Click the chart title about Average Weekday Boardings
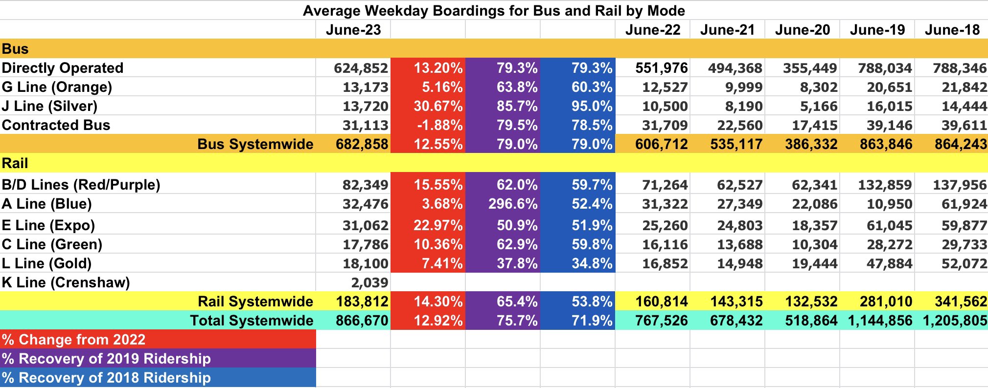[494, 10]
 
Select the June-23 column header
[353, 30]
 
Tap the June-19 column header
[877, 30]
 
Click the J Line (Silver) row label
[49, 106]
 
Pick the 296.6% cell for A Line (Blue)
[512, 204]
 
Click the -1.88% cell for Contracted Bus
[439, 125]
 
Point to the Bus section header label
[15, 49]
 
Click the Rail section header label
[15, 163]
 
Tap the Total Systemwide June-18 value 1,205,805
[954, 321]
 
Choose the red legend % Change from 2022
[73, 340]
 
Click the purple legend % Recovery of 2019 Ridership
[106, 359]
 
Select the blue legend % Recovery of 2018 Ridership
[106, 378]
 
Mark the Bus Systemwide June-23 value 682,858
[362, 144]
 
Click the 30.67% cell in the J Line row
[438, 106]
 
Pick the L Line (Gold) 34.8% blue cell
[592, 263]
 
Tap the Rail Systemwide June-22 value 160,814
[661, 302]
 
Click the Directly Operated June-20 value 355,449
[810, 68]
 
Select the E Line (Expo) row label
[48, 225]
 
